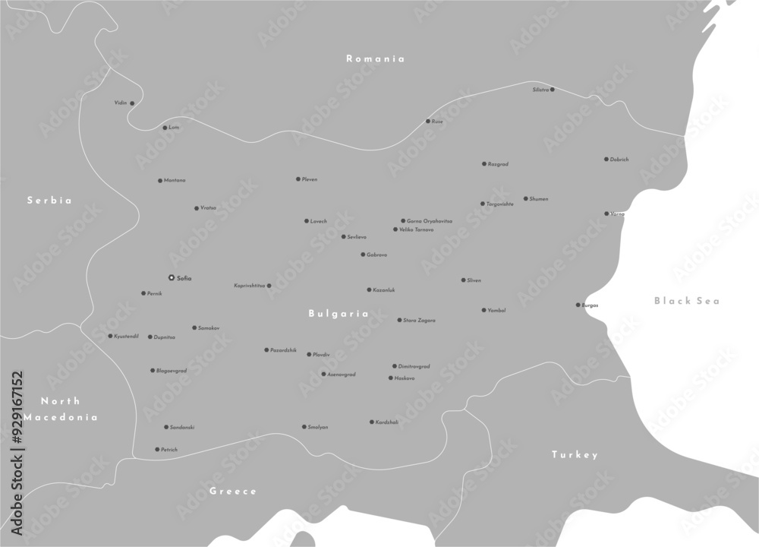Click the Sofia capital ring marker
tap(172, 278)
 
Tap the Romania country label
tap(375, 58)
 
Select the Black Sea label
tap(687, 301)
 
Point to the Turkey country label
tap(575, 454)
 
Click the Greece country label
tap(233, 491)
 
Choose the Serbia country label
tap(49, 201)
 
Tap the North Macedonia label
tap(61, 409)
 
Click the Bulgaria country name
tap(339, 313)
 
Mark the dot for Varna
tap(606, 213)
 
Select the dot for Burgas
tap(578, 305)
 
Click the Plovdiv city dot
tap(309, 354)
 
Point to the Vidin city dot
tap(132, 103)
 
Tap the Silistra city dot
tap(552, 90)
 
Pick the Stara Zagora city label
tap(419, 321)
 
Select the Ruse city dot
tap(428, 121)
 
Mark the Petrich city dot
tap(157, 449)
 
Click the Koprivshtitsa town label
tap(249, 286)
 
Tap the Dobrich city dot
tap(606, 160)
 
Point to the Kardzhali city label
tap(387, 422)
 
